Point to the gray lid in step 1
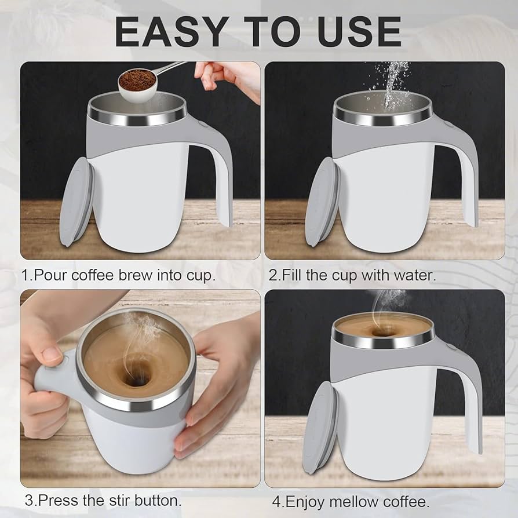coord(76,200)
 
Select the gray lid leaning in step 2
coord(320,200)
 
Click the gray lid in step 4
coord(319,428)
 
